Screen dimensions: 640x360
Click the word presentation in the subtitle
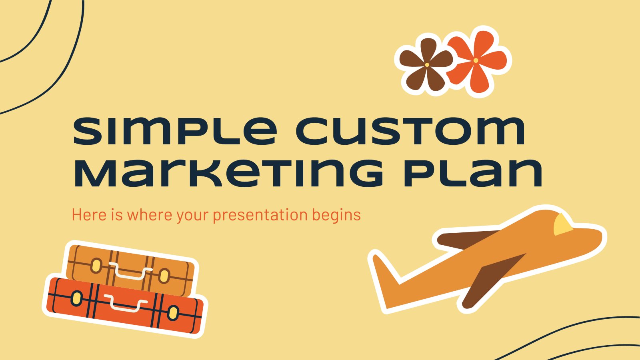coord(260,215)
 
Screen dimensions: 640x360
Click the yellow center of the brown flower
coord(427,65)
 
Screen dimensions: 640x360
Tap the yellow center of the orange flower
coord(476,60)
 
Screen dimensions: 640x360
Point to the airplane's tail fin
coord(384,272)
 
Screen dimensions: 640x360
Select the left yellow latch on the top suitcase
coord(96,266)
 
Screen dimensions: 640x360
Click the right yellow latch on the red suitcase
coord(173,312)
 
